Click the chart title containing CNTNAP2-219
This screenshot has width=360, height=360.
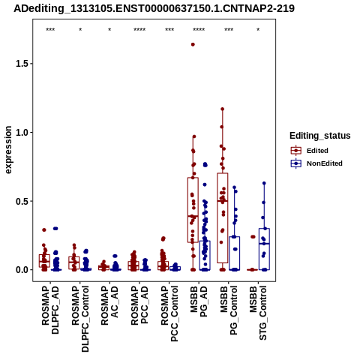pyautogui.click(x=154, y=8)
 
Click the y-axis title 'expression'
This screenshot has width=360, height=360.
pyautogui.click(x=8, y=150)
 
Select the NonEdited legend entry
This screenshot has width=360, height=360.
pyautogui.click(x=316, y=163)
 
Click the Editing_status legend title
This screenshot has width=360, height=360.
pyautogui.click(x=320, y=136)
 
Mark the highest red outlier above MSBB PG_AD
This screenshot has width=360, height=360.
pyautogui.click(x=193, y=44)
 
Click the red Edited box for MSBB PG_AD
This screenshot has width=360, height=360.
pyautogui.click(x=193, y=210)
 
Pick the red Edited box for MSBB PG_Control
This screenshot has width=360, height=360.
pyautogui.click(x=222, y=217)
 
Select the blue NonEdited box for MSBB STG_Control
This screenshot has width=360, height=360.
pyautogui.click(x=264, y=249)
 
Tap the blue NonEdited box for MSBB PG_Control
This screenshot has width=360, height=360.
pyautogui.click(x=235, y=253)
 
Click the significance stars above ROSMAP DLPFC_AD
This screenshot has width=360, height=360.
pyautogui.click(x=50, y=30)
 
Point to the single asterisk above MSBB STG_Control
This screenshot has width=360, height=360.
pyautogui.click(x=258, y=30)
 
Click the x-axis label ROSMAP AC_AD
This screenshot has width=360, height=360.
pyautogui.click(x=109, y=306)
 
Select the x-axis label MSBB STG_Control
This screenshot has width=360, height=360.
pyautogui.click(x=258, y=313)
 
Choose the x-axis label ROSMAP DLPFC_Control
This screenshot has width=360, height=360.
pyautogui.click(x=80, y=319)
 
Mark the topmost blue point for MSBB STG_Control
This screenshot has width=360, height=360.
pyautogui.click(x=264, y=183)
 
